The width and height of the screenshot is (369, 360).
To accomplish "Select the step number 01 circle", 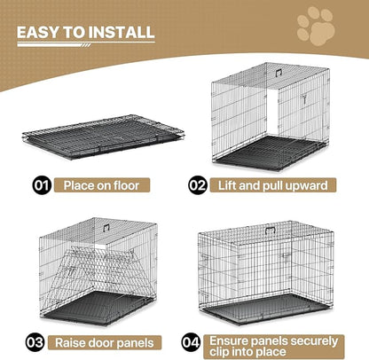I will point(39,186).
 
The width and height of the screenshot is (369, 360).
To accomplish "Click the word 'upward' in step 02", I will point(310,186).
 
